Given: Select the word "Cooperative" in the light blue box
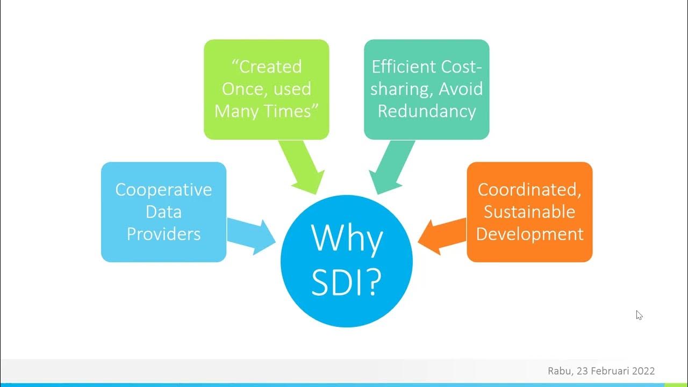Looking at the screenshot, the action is [163, 190].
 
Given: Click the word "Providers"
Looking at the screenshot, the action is [163, 234].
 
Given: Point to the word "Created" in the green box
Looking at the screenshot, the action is [270, 67].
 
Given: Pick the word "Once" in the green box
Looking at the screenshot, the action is [241, 89].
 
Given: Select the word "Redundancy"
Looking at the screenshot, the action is [426, 111].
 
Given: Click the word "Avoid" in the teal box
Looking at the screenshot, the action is [461, 89].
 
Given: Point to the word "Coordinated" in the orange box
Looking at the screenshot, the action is [529, 190].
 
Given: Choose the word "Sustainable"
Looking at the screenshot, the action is [529, 212].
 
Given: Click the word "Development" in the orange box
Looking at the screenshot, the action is [529, 234].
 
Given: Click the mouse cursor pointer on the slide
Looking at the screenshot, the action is [639, 315].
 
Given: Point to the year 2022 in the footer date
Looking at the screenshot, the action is [643, 371].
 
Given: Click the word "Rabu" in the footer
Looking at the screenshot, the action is [560, 371].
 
